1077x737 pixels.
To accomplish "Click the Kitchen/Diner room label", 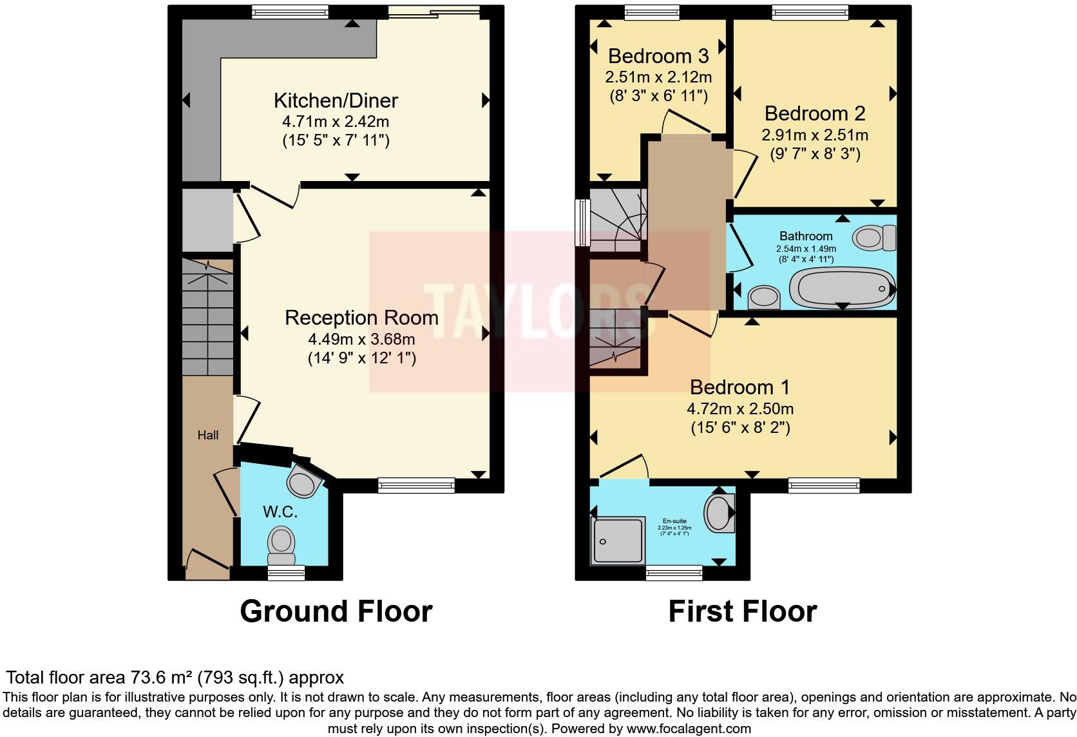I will coord(336,100).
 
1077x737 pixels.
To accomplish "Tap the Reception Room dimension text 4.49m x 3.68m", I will coord(361,339).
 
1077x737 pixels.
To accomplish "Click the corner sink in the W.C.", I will coord(304,481).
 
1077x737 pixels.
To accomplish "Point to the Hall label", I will coord(207,436).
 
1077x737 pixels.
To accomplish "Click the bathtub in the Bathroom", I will coord(842,287).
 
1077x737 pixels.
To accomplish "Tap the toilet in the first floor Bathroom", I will coord(874,238).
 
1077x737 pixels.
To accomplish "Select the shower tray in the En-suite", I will coord(618,540).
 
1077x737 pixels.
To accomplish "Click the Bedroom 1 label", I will coord(739,387).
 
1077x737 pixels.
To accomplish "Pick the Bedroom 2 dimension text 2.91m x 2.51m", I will coord(814,135).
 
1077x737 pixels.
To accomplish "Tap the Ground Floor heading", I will coord(336,611).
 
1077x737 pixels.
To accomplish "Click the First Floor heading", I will coord(742,611).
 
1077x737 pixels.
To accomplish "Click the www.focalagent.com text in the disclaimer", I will coord(688,729).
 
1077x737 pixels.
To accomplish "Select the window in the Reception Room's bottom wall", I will coord(416,485).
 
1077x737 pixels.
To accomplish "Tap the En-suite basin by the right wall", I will coord(720,513).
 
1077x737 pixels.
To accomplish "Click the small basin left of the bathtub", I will coord(764,297).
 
